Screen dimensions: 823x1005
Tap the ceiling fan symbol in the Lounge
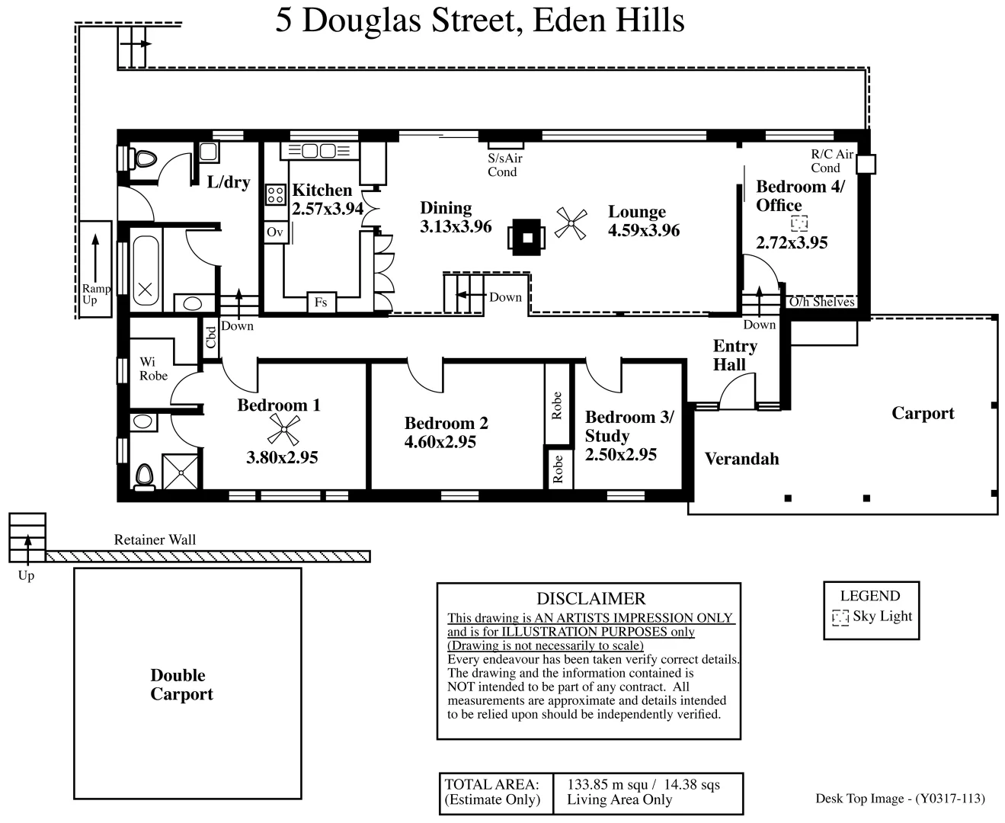point(571,224)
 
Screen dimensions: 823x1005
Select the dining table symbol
point(527,237)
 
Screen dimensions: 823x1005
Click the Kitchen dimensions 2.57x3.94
point(328,209)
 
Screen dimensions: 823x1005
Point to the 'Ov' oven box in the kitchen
point(274,232)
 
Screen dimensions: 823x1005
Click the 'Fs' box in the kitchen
point(321,303)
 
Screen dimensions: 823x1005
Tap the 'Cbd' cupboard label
point(211,337)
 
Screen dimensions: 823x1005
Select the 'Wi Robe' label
point(153,369)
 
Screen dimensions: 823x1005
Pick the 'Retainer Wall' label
point(155,540)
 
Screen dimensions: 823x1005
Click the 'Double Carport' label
point(181,684)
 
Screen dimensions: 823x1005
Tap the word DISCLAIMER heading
point(591,599)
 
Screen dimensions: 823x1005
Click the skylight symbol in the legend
point(840,617)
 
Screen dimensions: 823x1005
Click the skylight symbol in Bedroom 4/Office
point(799,223)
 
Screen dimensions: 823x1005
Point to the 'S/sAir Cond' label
point(504,165)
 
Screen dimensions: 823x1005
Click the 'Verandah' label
point(741,459)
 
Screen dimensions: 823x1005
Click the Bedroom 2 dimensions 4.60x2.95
point(440,442)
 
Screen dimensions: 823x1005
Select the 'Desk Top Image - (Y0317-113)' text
point(900,799)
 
